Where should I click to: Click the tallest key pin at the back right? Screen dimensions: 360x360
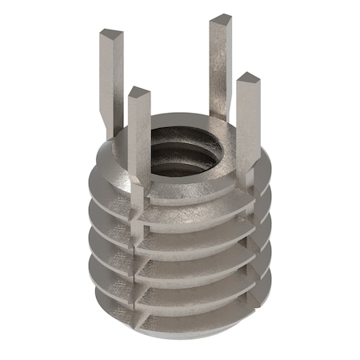[220, 64]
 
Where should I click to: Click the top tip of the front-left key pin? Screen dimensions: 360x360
[138, 93]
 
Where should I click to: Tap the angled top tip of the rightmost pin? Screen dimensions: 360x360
[247, 78]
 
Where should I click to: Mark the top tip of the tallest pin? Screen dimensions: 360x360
[220, 19]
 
